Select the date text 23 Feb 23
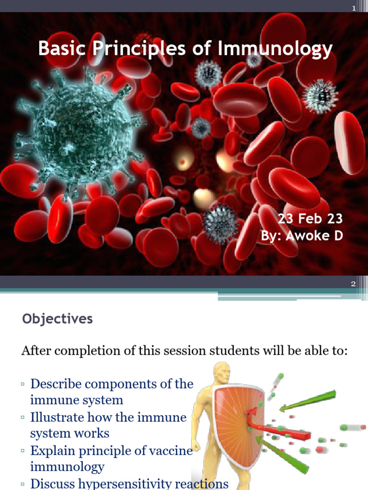tap(310, 219)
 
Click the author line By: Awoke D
tap(302, 235)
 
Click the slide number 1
tap(354, 8)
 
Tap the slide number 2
tap(354, 284)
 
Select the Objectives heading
tap(57, 319)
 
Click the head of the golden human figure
tap(222, 373)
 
